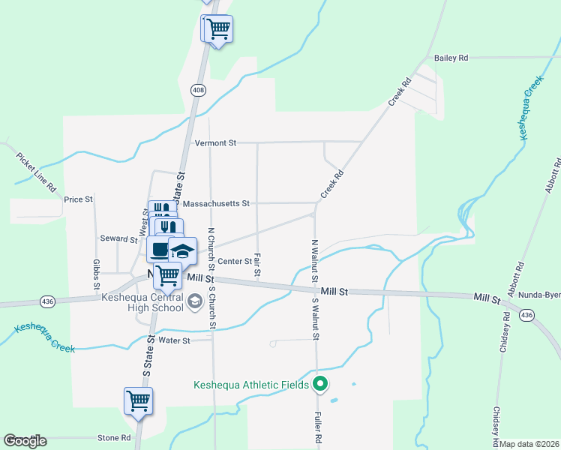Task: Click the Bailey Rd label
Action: [x=451, y=58]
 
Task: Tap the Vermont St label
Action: [x=215, y=142]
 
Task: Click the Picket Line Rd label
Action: [x=35, y=172]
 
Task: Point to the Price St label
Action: [x=78, y=199]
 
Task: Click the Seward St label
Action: [x=118, y=239]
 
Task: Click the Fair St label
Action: [x=257, y=263]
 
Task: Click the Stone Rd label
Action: [x=115, y=437]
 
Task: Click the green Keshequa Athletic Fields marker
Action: [x=321, y=385]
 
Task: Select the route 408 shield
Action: [x=198, y=91]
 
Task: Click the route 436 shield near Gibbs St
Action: [x=47, y=301]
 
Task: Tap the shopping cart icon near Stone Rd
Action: [x=138, y=400]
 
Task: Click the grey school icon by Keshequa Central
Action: [x=195, y=301]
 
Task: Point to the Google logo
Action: [x=25, y=441]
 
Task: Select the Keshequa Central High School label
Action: [x=142, y=302]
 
